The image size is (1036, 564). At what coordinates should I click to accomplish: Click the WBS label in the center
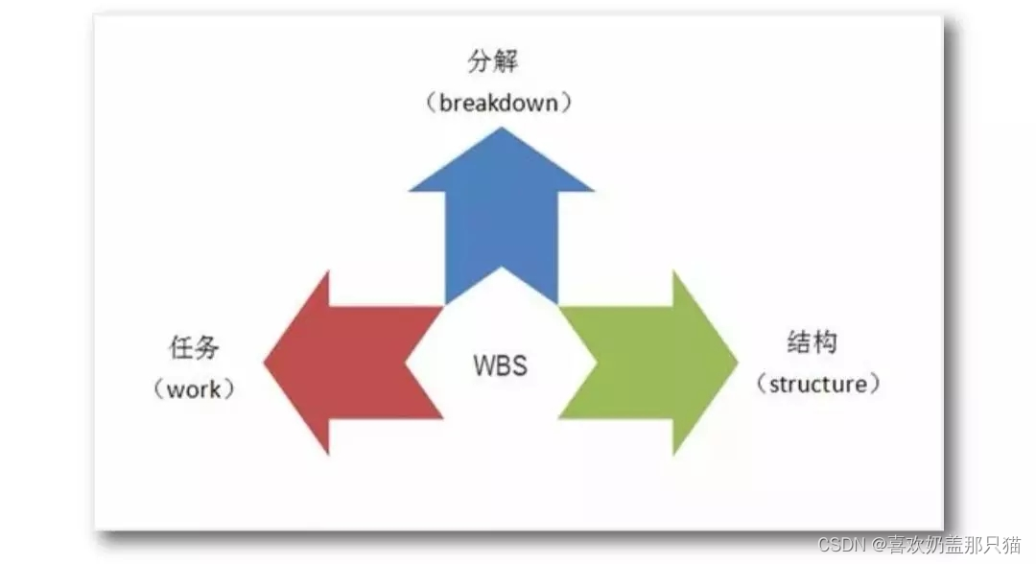coord(501,365)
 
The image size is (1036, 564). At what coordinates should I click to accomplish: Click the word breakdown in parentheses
coord(499,103)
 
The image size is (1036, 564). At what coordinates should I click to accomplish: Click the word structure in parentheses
coord(817,385)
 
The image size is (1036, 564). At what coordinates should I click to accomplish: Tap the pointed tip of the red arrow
coord(266,362)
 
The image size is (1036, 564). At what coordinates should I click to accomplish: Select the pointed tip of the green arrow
coord(736,362)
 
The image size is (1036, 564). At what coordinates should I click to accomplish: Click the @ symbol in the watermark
coord(880,545)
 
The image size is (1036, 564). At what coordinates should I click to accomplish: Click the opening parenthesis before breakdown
coord(430,103)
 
